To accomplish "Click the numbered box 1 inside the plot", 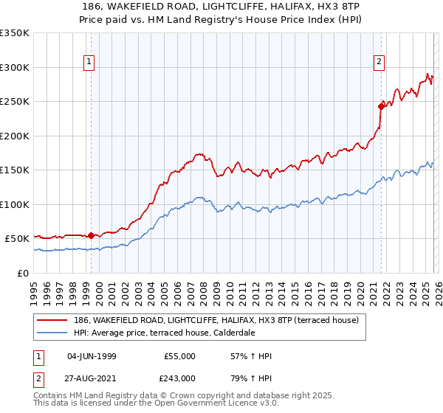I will pyautogui.click(x=89, y=63).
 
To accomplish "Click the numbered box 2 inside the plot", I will pyautogui.click(x=379, y=63).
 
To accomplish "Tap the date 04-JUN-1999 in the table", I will pyautogui.click(x=92, y=356).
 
